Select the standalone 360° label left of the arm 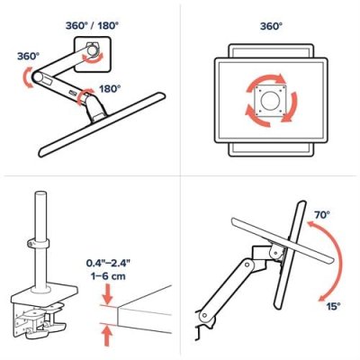coord(27,56)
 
